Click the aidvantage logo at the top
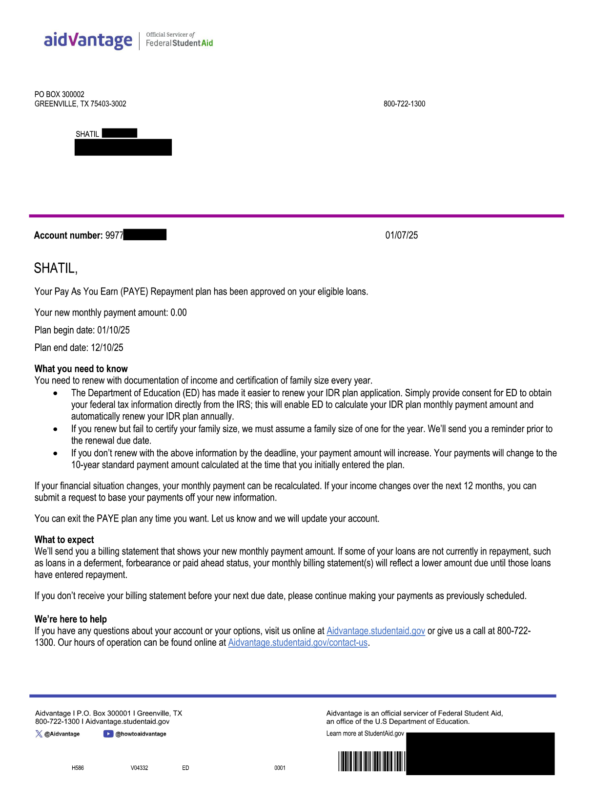(88, 40)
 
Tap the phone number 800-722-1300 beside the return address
(404, 104)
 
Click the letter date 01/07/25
(401, 235)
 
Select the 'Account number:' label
(68, 235)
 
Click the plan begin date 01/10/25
(113, 330)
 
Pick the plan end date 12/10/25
(107, 348)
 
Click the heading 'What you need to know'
(81, 369)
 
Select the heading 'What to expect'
(64, 540)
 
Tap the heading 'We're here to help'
(70, 619)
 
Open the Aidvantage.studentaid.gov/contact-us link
(298, 643)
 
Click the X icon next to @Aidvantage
(39, 734)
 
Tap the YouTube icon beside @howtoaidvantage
(108, 734)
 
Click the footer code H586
(78, 768)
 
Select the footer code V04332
(139, 768)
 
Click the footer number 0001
(280, 768)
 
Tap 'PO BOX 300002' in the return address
(59, 94)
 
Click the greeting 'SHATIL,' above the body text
(56, 268)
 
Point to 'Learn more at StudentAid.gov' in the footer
(365, 734)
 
